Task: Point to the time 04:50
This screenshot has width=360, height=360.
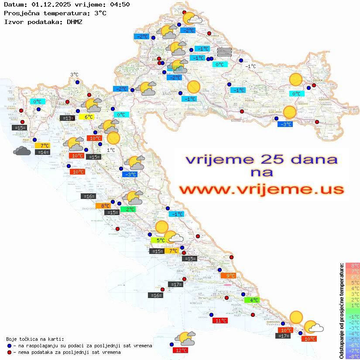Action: pyautogui.click(x=120, y=5)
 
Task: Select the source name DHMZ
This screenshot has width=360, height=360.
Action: pyautogui.click(x=75, y=21)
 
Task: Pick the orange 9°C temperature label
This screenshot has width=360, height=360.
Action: pyautogui.click(x=228, y=275)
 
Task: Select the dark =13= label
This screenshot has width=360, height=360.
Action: pyautogui.click(x=67, y=118)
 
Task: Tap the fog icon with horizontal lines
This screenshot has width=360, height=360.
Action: pyautogui.click(x=224, y=51)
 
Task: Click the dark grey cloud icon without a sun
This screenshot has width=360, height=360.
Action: pyautogui.click(x=22, y=151)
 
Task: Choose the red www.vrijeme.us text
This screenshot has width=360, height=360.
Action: pyautogui.click(x=261, y=189)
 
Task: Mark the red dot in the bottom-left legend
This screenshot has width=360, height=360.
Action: pyautogui.click(x=10, y=352)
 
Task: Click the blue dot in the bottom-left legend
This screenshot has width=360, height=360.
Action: pyautogui.click(x=10, y=346)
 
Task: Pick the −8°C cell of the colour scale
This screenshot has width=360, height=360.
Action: pyautogui.click(x=352, y=356)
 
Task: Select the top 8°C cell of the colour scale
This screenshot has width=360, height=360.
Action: pyautogui.click(x=352, y=265)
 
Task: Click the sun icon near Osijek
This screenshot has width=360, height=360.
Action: pyautogui.click(x=296, y=79)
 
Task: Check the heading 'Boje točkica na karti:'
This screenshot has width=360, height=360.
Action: pyautogui.click(x=35, y=339)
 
